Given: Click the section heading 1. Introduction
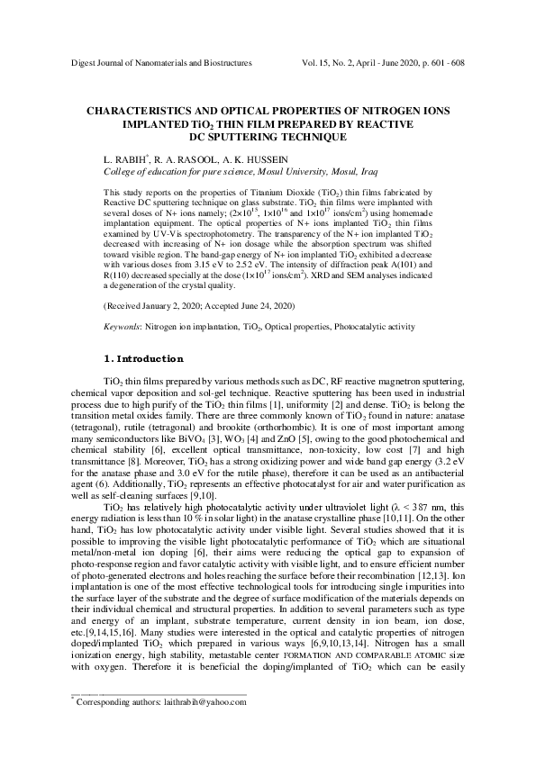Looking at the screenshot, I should coord(144,359).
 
